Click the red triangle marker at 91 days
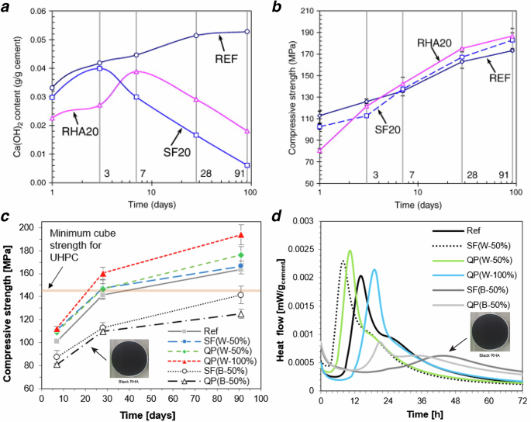[242, 235]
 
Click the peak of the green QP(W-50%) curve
[350, 251]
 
